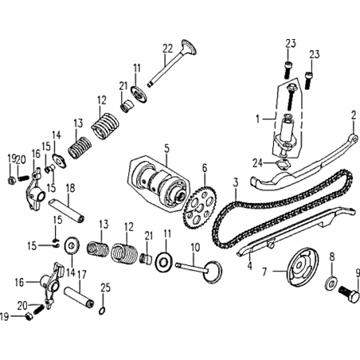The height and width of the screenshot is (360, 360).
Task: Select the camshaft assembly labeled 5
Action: [x=159, y=182]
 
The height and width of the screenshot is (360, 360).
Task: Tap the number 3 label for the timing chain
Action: [x=236, y=183]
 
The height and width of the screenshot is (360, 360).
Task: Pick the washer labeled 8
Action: [x=331, y=283]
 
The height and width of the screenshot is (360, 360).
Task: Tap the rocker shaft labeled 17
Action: [x=80, y=297]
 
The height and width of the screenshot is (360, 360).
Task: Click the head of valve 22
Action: [x=189, y=47]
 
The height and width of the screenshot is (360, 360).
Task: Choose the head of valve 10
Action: [x=213, y=272]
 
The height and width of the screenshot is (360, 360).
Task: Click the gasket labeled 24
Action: [x=283, y=164]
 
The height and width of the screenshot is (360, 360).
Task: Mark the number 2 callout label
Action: [x=353, y=115]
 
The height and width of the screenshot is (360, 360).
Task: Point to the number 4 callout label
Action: [x=249, y=265]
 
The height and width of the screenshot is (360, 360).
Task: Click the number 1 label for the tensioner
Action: [x=257, y=119]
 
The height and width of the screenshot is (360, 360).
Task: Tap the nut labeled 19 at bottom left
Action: [x=29, y=316]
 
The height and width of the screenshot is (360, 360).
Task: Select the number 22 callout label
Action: [x=168, y=49]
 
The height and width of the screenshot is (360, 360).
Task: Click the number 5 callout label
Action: [x=166, y=148]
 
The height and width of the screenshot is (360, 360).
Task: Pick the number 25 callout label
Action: [x=105, y=288]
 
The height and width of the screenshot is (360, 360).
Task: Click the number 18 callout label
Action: [x=70, y=188]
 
